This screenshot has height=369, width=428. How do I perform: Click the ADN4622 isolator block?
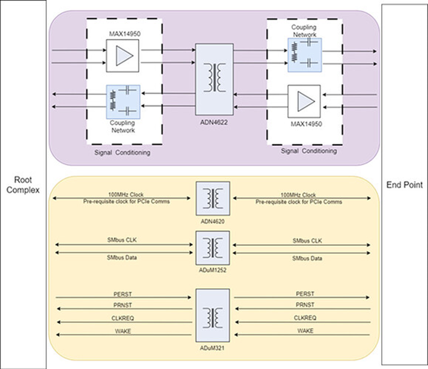214,79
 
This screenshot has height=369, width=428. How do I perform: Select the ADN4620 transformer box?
213,198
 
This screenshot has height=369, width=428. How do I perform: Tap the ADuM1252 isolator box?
213,248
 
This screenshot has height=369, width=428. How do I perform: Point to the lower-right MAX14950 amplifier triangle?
304,101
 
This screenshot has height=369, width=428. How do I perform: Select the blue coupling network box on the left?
123,101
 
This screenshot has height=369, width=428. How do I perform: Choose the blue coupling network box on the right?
304,55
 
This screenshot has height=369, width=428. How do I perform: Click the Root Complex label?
23,184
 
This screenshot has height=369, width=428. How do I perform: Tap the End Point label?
404,185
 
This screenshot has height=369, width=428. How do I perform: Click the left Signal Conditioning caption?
123,153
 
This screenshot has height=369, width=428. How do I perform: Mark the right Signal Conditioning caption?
309,151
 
